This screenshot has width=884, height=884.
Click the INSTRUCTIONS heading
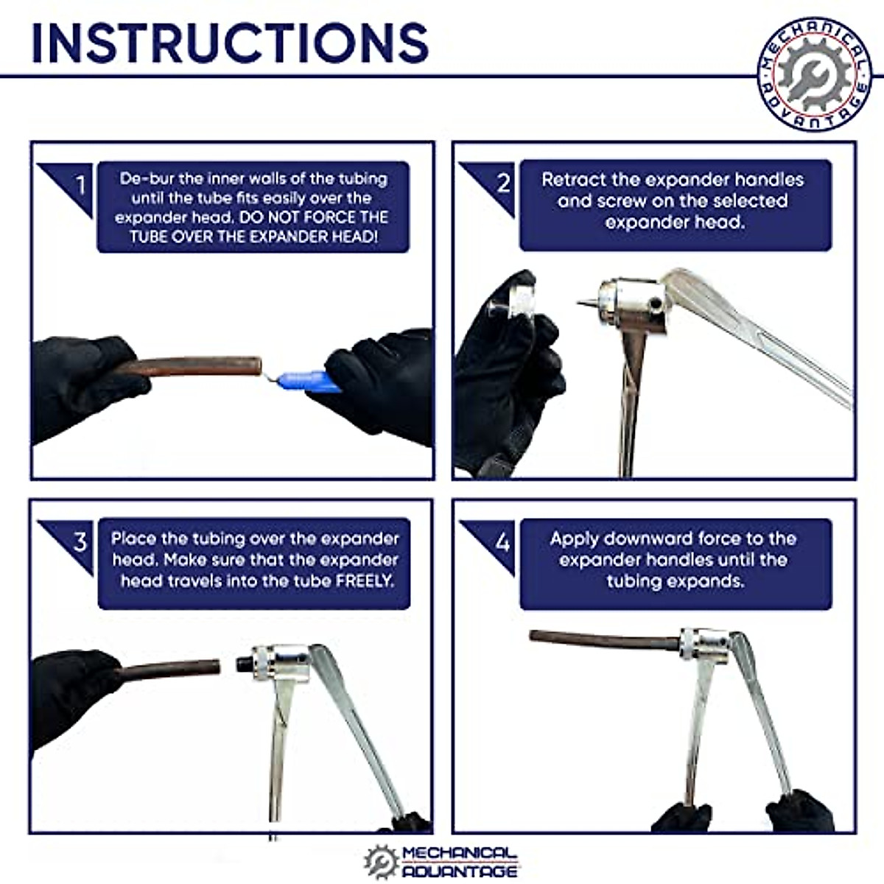click(230, 42)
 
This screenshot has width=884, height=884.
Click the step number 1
click(81, 186)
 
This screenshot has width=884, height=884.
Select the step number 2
click(503, 183)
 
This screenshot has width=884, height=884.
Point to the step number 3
click(80, 541)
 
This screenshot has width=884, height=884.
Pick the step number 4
click(503, 543)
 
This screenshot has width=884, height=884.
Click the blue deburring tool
click(306, 382)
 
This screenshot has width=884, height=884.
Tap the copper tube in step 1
click(188, 366)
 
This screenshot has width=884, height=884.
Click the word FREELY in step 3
click(365, 581)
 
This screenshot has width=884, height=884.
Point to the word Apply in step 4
click(573, 539)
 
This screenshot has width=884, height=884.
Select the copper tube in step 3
click(169, 670)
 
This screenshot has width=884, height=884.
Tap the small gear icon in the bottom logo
click(381, 862)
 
